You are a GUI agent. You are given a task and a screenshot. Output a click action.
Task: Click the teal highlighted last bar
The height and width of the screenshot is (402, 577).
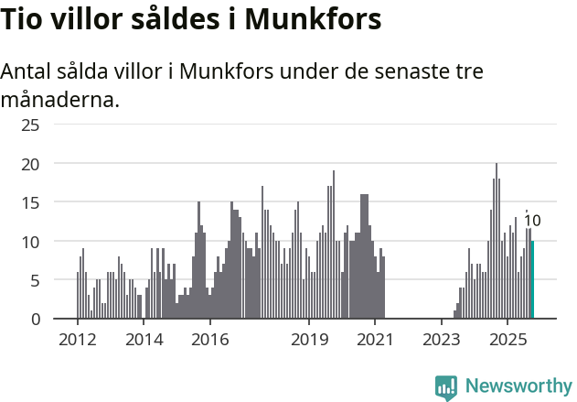[x=532, y=279]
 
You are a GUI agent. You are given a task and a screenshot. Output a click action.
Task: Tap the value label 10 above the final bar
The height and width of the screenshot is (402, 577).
[x=531, y=221]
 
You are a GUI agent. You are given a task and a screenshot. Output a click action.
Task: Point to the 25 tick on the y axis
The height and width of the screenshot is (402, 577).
[x=30, y=125]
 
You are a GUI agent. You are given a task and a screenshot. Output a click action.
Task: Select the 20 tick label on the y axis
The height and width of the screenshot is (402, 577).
[x=30, y=164]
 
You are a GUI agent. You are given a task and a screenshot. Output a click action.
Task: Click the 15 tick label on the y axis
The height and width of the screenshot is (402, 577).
[x=30, y=202]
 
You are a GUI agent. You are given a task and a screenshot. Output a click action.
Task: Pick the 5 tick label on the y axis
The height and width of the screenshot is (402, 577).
[x=35, y=280]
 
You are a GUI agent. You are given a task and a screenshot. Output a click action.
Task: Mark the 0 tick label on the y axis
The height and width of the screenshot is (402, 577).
[x=35, y=319]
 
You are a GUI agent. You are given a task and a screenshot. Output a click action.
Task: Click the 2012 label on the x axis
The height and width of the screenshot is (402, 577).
[x=77, y=340]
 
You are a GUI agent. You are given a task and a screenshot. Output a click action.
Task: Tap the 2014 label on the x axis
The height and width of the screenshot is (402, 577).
[x=144, y=340]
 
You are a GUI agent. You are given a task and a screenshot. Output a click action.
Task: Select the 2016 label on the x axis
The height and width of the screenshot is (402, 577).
[x=210, y=340]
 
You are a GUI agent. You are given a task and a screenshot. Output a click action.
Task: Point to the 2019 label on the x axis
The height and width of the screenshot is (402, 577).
[x=309, y=340]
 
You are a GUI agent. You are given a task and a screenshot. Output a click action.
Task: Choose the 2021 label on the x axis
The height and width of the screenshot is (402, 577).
[x=375, y=340]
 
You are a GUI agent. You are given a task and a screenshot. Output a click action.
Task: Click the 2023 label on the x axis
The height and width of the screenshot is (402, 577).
[x=442, y=340]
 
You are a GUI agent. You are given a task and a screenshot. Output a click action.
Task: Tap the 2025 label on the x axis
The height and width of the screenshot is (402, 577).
[x=508, y=340]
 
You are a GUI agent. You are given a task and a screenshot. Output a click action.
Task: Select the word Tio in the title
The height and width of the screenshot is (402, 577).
[x=22, y=19]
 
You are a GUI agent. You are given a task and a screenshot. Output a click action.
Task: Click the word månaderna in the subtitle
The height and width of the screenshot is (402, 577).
[x=60, y=99]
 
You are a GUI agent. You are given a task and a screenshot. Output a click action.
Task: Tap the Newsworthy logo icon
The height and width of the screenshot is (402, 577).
[x=446, y=387]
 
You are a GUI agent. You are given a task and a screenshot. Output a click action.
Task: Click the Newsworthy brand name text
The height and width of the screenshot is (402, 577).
[x=518, y=386]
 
